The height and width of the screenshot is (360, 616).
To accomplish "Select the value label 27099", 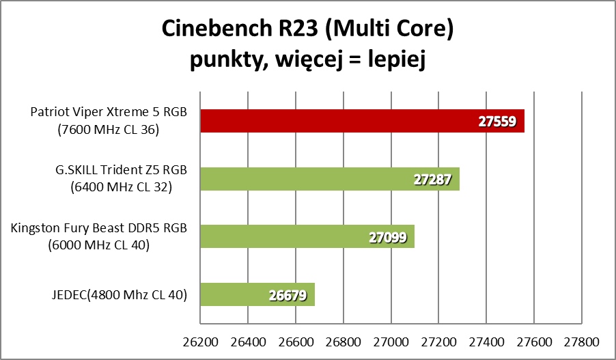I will pyautogui.click(x=387, y=238).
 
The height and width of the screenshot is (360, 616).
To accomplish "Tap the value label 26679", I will pyautogui.click(x=288, y=296).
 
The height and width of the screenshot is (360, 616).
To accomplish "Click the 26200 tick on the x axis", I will pyautogui.click(x=200, y=340).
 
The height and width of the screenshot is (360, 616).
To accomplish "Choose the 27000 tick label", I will pyautogui.click(x=391, y=340).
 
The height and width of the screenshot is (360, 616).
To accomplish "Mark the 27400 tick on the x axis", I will pyautogui.click(x=486, y=340).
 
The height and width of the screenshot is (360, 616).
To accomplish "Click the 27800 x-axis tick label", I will pyautogui.click(x=581, y=340).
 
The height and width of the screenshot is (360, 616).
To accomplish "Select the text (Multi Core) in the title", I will pyautogui.click(x=386, y=29).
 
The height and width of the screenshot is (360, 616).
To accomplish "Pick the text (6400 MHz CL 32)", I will pyautogui.click(x=120, y=186).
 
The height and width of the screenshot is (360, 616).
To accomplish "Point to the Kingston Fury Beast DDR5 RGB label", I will pyautogui.click(x=99, y=228).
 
